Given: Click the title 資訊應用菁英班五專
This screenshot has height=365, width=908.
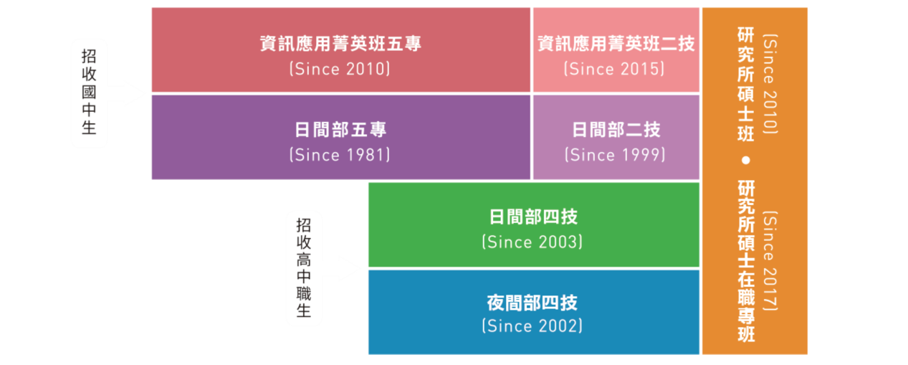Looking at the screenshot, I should point(340,44).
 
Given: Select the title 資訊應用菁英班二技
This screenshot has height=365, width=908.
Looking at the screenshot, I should point(616,44).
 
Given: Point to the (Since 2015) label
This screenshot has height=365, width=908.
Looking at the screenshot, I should point(614,69).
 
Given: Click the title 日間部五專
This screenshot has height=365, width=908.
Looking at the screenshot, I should point(340,130).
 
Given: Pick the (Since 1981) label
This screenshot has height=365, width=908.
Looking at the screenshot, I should point(340,155).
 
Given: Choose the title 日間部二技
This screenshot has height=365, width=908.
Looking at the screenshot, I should point(616,130).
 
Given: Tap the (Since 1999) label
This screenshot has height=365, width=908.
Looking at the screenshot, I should point(614,155).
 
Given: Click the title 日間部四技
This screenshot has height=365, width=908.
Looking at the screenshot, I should point(532,217).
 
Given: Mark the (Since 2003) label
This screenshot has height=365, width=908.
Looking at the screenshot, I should point(532,242).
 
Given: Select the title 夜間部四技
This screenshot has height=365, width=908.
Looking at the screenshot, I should point(532,302).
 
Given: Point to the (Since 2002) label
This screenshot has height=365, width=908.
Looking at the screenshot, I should point(532,326).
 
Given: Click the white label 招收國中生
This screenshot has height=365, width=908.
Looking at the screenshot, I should point(89,93).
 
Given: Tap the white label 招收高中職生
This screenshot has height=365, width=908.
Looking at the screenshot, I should point(304,268).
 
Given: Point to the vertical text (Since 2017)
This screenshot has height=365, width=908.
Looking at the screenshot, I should point(771,260).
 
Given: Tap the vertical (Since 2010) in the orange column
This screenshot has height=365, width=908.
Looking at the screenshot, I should point(771,83).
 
